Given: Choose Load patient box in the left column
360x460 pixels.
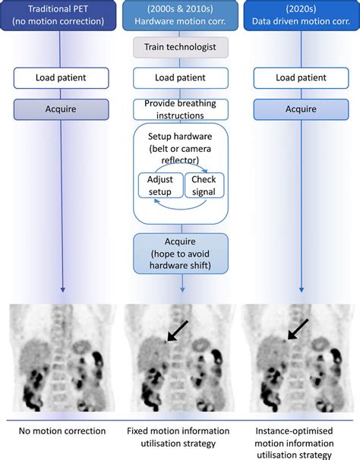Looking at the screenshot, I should pyautogui.click(x=60, y=77).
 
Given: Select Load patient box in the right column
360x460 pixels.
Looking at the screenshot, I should pyautogui.click(x=302, y=77).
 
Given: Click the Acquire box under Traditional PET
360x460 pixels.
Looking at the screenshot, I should pyautogui.click(x=60, y=109).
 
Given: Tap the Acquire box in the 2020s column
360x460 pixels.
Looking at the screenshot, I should pyautogui.click(x=302, y=109).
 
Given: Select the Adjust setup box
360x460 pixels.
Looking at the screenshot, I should pyautogui.click(x=160, y=186).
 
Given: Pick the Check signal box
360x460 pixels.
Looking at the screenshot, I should pyautogui.click(x=204, y=186).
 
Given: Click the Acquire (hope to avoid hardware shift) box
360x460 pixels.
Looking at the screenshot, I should pyautogui.click(x=181, y=253).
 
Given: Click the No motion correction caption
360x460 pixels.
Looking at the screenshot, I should pyautogui.click(x=60, y=432).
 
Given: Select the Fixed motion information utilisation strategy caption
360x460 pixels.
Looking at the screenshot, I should pyautogui.click(x=181, y=438).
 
